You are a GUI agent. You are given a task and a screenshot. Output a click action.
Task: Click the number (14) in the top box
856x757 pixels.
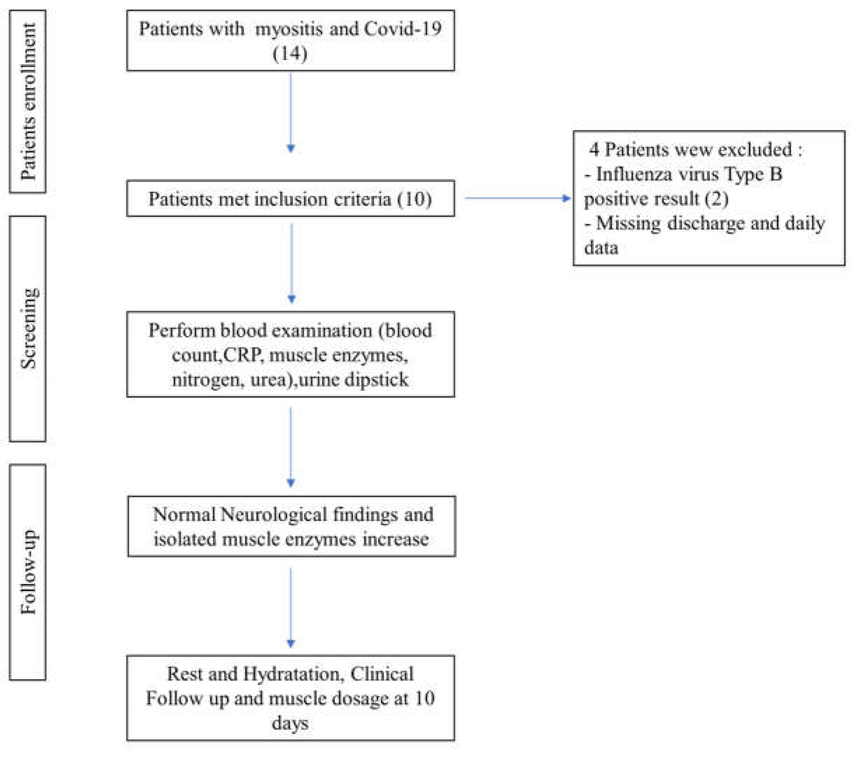tap(290, 54)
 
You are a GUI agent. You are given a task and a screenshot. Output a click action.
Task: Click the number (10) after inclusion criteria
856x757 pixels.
tap(414, 199)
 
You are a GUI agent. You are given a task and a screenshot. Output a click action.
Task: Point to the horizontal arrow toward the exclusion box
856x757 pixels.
tap(517, 198)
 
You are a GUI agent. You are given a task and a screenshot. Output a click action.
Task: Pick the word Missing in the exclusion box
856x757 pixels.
tap(628, 223)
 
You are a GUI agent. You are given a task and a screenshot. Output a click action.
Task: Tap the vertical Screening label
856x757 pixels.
tap(28, 328)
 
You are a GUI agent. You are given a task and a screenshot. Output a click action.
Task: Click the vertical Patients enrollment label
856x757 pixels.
tap(28, 102)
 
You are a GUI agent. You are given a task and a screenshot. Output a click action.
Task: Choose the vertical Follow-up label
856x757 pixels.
tap(28, 572)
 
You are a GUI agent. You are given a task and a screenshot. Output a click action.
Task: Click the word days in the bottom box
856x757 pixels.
tap(290, 723)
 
